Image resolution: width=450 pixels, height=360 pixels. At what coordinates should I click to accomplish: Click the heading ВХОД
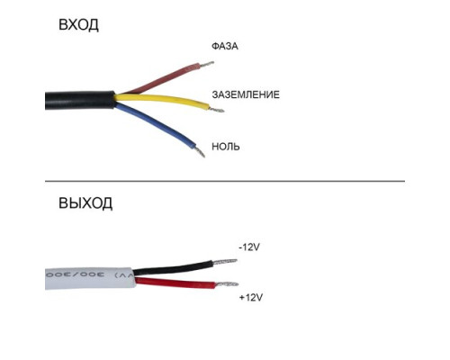pyautogui.click(x=78, y=25)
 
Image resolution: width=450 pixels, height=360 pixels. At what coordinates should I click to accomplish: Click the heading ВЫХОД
pyautogui.click(x=85, y=203)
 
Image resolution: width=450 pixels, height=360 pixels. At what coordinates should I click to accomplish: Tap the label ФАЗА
pyautogui.click(x=225, y=46)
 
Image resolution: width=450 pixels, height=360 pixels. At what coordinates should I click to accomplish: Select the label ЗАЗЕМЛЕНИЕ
pyautogui.click(x=246, y=94)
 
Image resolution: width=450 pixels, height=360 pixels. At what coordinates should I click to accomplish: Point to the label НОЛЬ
pyautogui.click(x=226, y=147)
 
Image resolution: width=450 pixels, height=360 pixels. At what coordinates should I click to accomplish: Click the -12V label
pyautogui.click(x=249, y=247)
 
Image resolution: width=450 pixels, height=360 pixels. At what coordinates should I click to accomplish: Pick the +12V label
pyautogui.click(x=251, y=298)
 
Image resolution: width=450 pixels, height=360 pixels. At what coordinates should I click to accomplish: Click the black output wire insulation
pyautogui.click(x=174, y=268)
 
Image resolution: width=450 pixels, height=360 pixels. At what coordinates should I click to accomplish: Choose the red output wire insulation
pyautogui.click(x=175, y=283)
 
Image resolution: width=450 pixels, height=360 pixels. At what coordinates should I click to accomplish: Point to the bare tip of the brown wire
pyautogui.click(x=207, y=64)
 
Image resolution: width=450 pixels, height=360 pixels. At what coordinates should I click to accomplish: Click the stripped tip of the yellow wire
pyautogui.click(x=217, y=110)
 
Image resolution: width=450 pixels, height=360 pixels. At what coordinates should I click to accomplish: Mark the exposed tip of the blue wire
pyautogui.click(x=200, y=151)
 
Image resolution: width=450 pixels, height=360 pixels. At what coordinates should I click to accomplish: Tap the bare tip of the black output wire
pyautogui.click(x=225, y=262)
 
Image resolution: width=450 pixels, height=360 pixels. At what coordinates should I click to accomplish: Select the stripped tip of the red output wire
pyautogui.click(x=227, y=284)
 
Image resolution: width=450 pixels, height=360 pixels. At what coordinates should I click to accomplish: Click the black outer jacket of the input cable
pyautogui.click(x=80, y=100)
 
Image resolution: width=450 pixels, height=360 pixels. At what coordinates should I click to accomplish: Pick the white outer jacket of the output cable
pyautogui.click(x=90, y=278)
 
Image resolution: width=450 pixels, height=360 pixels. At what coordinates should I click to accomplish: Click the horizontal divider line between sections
pyautogui.click(x=225, y=181)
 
